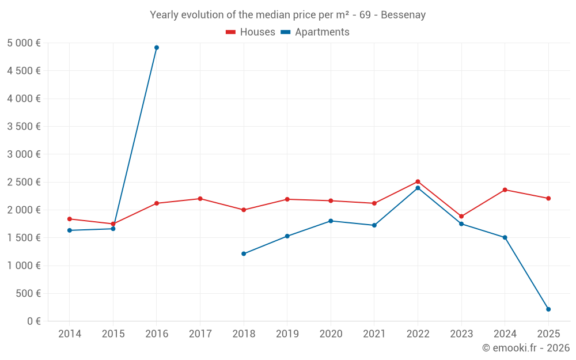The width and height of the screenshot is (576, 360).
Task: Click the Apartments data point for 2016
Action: (x=157, y=48)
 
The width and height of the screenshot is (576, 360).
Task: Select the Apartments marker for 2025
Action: (x=548, y=309)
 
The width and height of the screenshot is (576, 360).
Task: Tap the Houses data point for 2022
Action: (x=418, y=181)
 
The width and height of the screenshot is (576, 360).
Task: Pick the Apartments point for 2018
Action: (x=244, y=253)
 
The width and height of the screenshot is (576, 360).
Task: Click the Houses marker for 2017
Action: (x=200, y=199)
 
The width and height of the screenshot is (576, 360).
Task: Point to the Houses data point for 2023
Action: (x=461, y=217)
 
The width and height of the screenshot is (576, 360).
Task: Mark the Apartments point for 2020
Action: (x=331, y=221)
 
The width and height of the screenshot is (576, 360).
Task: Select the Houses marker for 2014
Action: (x=70, y=219)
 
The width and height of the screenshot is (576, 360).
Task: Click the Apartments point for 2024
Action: (x=505, y=237)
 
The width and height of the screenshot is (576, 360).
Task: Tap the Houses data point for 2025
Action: (x=548, y=198)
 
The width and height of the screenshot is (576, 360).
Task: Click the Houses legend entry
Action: (x=251, y=32)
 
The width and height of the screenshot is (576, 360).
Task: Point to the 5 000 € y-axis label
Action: (x=24, y=43)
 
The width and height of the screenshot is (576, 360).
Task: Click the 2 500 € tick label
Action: (x=24, y=182)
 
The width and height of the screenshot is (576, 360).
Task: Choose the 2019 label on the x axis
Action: (x=287, y=334)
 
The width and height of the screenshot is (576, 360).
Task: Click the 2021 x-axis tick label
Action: (x=374, y=334)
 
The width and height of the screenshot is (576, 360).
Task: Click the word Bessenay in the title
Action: (x=404, y=15)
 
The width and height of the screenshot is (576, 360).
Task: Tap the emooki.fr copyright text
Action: (x=526, y=348)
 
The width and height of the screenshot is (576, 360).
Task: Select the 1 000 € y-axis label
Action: (x=24, y=266)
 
